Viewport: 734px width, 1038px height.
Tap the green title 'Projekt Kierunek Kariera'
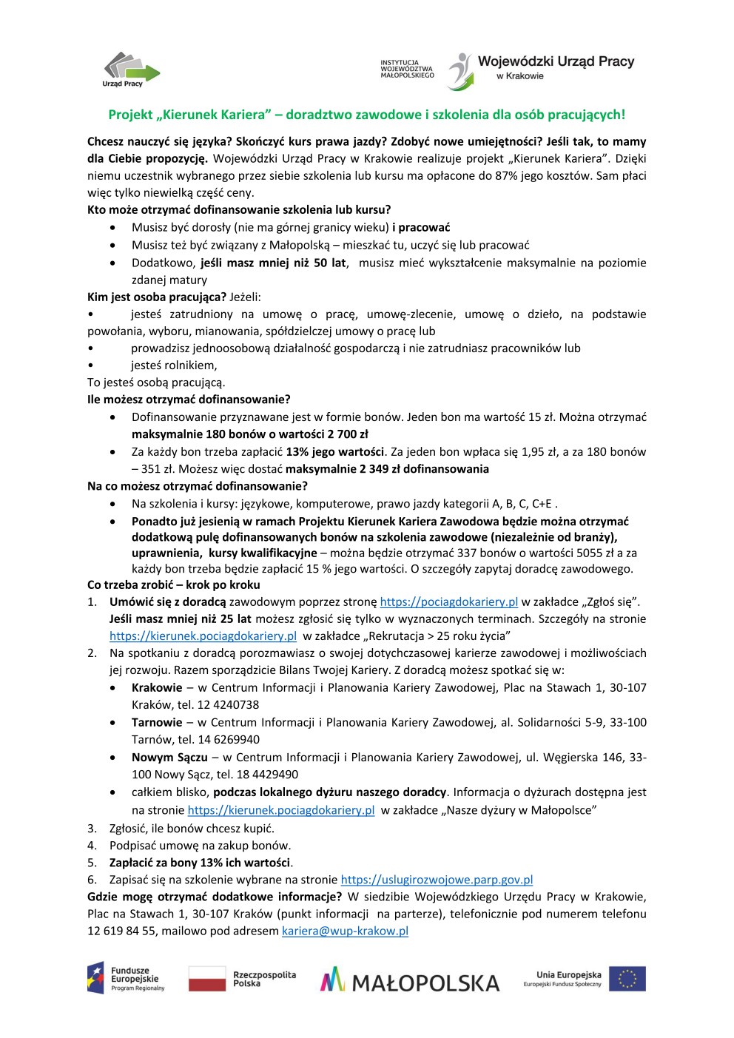[366, 115]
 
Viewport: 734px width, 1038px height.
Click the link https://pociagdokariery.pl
[448, 602]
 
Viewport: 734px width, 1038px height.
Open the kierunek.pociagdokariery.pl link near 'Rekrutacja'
[203, 636]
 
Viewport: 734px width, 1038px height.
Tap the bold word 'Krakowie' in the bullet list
[157, 688]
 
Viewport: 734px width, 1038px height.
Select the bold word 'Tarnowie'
[157, 723]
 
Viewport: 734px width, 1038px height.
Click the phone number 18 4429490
[268, 775]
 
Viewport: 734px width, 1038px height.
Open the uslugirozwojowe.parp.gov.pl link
[437, 880]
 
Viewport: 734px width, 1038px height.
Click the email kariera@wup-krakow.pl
[345, 931]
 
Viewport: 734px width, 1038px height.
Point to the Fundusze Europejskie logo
[126, 978]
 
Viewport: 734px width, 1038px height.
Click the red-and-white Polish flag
[206, 978]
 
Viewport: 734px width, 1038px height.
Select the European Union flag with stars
[627, 978]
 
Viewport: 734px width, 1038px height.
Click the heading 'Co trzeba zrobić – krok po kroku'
[174, 585]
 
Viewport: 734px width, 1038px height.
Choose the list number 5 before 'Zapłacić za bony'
[92, 863]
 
